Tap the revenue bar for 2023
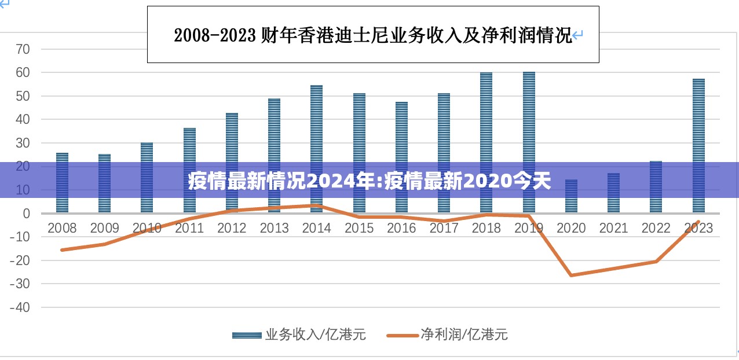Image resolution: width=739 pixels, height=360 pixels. [x=698, y=145]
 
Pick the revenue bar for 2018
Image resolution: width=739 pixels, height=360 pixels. [x=486, y=142]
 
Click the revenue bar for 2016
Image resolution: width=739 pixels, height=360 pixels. [x=401, y=156]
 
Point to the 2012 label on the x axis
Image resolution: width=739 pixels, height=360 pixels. [x=232, y=228]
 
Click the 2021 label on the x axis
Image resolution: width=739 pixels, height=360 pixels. [x=613, y=228]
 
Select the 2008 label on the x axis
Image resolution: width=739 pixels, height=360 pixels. [x=62, y=228]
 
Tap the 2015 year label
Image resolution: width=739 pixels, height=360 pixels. [x=359, y=228]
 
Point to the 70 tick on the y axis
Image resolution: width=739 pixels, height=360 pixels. [x=23, y=49]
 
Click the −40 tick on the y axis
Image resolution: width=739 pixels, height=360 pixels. [x=20, y=307]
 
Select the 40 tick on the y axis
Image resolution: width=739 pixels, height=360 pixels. [x=23, y=120]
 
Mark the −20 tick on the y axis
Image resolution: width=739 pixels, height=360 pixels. [x=20, y=260]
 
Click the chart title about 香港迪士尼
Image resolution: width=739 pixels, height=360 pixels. [x=373, y=35]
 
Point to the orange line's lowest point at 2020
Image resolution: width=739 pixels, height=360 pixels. [x=571, y=275]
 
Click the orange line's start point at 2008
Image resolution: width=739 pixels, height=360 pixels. [x=62, y=249]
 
